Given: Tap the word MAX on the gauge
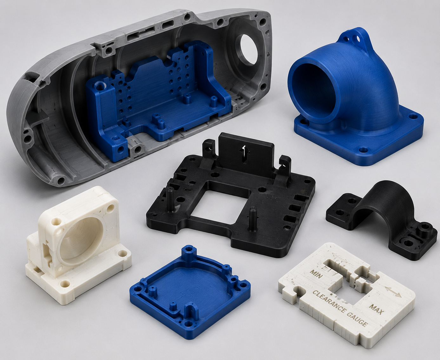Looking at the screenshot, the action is (377, 309).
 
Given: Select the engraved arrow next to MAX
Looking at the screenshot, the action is (393, 291).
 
